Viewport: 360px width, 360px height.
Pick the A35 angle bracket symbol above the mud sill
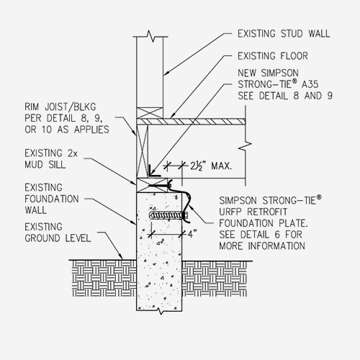coord(152,172)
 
